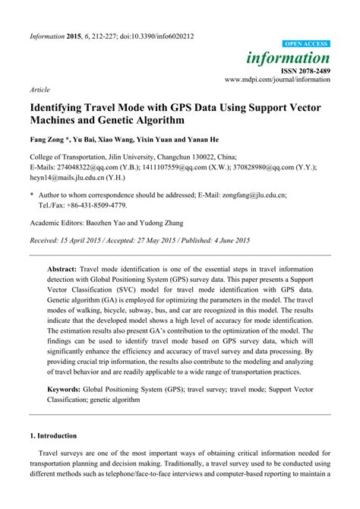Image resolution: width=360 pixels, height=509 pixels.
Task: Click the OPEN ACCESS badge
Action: [x=306, y=44]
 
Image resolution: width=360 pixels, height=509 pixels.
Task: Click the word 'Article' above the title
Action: [x=40, y=90]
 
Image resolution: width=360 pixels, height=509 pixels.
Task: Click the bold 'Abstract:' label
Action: [x=62, y=269]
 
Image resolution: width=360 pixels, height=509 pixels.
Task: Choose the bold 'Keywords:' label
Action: [x=65, y=389]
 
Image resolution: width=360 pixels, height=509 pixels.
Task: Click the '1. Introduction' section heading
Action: [x=52, y=436]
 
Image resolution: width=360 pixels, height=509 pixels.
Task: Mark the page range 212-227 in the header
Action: [x=107, y=36]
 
